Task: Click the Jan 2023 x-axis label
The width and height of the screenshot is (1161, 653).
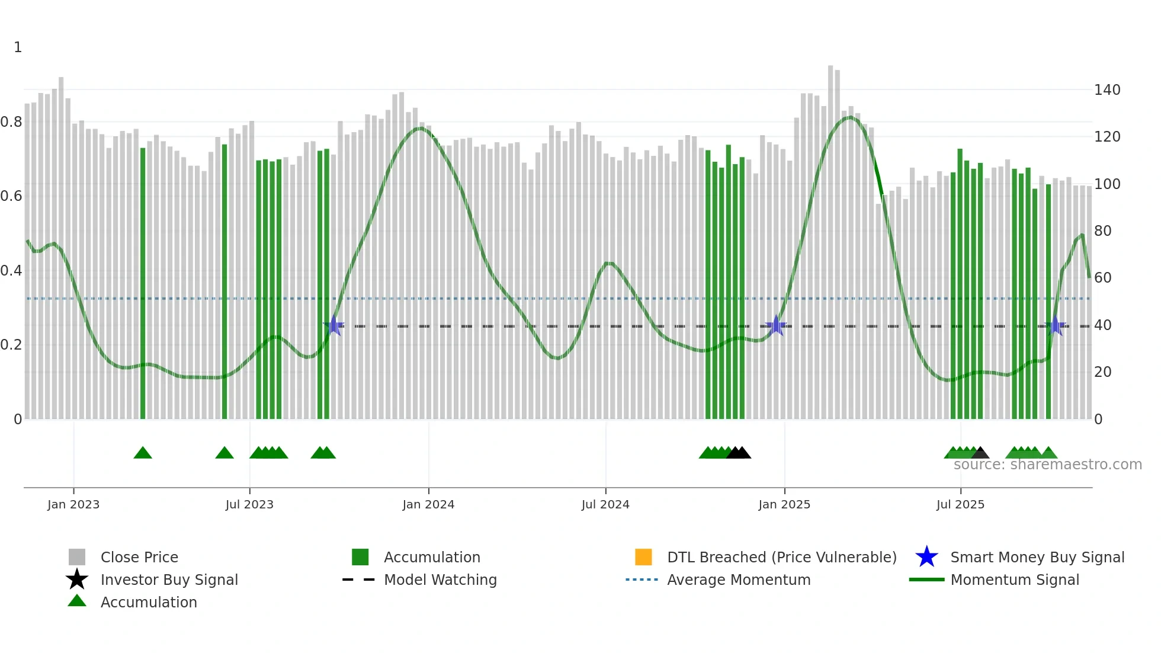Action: click(73, 504)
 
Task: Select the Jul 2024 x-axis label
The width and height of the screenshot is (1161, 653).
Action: click(605, 504)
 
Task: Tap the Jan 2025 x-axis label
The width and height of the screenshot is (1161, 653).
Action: click(784, 504)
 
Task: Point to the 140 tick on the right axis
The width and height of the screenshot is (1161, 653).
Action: click(1107, 90)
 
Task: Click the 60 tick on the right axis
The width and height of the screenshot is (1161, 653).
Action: click(1102, 278)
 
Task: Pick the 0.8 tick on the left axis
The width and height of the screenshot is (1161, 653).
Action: click(11, 122)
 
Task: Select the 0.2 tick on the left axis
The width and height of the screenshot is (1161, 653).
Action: click(11, 345)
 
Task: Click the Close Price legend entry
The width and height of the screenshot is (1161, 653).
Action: click(139, 557)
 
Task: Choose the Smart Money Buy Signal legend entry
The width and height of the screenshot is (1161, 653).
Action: click(1037, 557)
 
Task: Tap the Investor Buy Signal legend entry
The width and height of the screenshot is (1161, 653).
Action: click(169, 580)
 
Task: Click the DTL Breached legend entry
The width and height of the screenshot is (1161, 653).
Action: click(781, 557)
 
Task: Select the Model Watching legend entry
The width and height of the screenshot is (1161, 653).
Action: click(440, 580)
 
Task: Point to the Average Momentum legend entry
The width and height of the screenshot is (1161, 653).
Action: click(738, 580)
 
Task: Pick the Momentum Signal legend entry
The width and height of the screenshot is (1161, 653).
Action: click(1014, 580)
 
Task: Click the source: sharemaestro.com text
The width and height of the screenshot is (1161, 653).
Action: click(1047, 465)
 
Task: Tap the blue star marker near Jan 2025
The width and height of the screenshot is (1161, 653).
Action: click(776, 325)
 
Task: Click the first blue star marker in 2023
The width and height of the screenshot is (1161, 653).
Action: click(334, 325)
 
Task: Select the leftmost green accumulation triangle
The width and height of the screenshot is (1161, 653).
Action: click(143, 453)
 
